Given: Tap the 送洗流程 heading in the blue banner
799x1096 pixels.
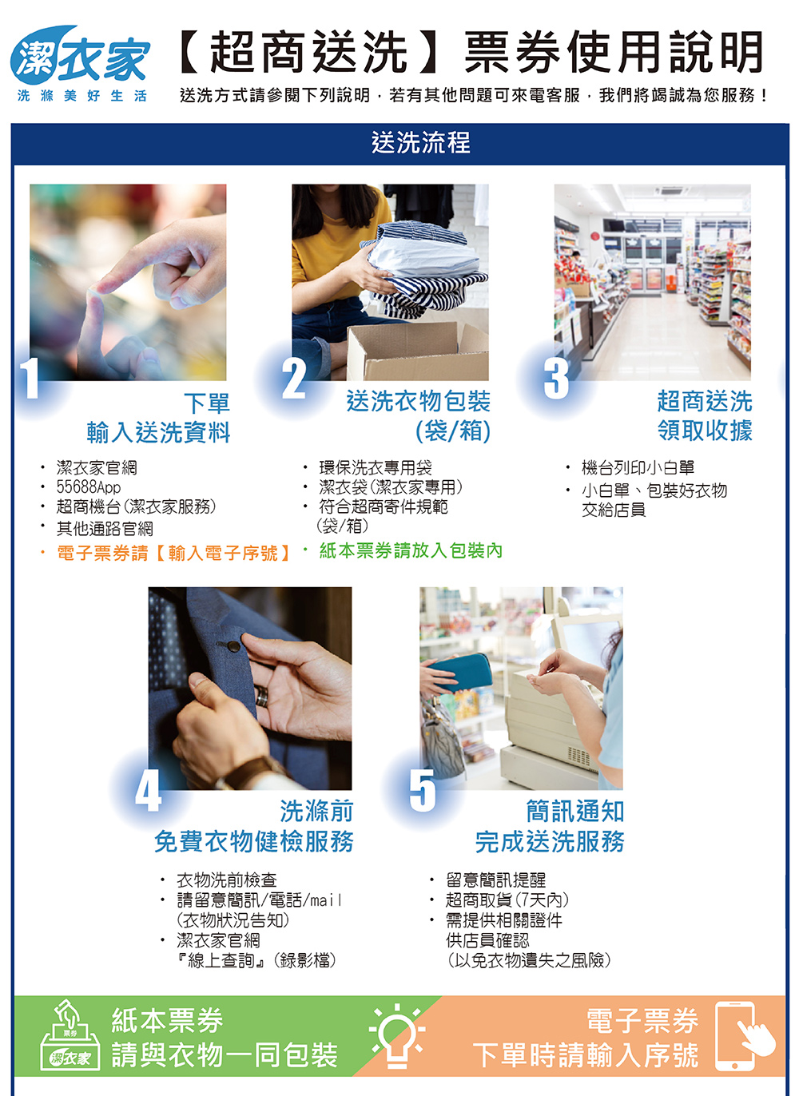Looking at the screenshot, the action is [420, 142].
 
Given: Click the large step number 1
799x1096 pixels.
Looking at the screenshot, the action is [30, 378].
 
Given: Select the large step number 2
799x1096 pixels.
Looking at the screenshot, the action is [294, 378].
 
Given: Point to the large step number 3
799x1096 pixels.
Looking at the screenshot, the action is [556, 378].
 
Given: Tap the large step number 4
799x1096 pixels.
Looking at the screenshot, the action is [149, 790].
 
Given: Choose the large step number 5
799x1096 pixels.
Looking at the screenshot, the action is [423, 790].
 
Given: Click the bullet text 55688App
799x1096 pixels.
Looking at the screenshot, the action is [88, 487].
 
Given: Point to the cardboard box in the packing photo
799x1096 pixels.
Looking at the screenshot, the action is [417, 351].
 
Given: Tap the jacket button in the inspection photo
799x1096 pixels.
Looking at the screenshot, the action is [234, 647].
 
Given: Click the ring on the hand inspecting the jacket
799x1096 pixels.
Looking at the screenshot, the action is [262, 695].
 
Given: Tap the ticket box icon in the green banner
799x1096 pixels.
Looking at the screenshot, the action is [70, 1035].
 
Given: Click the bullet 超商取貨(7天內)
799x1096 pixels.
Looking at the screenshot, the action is [507, 899].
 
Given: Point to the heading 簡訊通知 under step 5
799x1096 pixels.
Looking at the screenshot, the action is [575, 811].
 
